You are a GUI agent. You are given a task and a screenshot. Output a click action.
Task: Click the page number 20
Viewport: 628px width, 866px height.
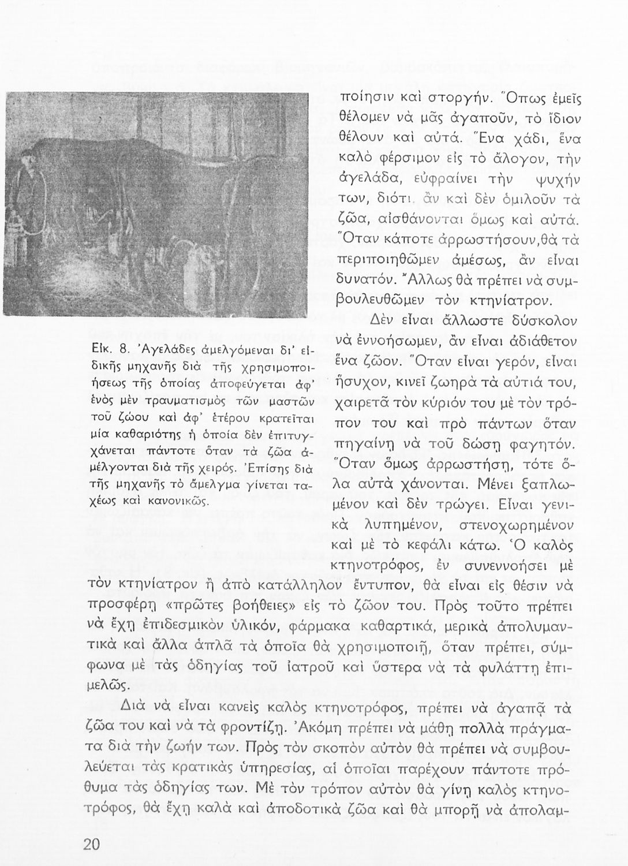click(91, 843)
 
